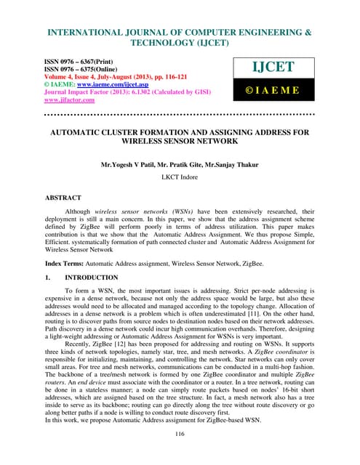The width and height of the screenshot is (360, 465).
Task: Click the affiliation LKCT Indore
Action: (x=180, y=176)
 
